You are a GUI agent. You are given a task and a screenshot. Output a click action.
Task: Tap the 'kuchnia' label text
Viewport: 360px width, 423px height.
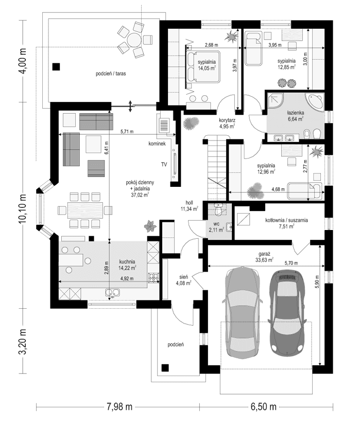[x=127, y=261]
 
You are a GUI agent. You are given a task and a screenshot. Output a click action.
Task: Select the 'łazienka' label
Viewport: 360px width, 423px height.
[x=296, y=112]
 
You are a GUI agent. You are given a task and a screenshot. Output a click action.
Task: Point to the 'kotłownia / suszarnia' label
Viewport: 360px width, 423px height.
[x=280, y=220]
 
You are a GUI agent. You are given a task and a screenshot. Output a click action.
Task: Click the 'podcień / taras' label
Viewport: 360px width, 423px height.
[x=111, y=74]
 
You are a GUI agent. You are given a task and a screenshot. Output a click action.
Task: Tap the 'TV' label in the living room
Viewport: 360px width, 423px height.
[x=164, y=164]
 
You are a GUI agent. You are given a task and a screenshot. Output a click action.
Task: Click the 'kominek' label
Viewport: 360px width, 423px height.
[x=157, y=144]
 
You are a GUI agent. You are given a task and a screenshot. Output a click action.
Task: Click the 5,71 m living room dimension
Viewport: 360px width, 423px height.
[x=127, y=132]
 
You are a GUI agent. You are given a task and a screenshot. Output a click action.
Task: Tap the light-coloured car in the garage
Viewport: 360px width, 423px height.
[x=241, y=313]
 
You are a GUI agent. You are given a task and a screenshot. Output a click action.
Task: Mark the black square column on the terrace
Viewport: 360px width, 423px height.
[x=56, y=66]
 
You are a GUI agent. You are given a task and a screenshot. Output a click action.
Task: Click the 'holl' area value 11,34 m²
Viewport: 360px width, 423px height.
[x=189, y=209]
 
